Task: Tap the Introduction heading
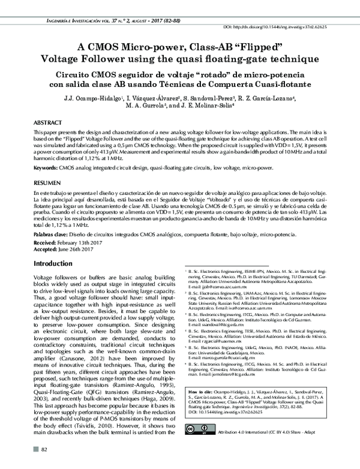pyautogui.click(x=53, y=264)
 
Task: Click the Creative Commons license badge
pyautogui.click(x=200, y=446)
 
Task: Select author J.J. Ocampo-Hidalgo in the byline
pyautogui.click(x=92, y=97)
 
